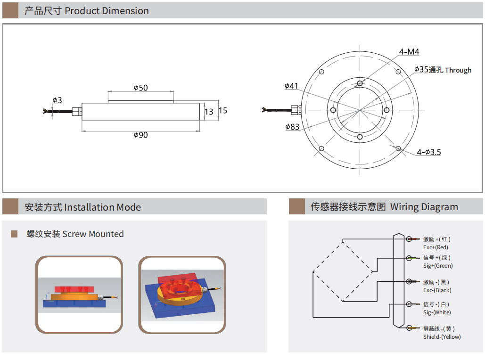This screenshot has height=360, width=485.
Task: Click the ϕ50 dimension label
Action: pos(141,88)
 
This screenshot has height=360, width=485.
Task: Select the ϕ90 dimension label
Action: pos(141,135)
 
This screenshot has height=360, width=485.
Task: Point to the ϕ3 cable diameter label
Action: pos(57,100)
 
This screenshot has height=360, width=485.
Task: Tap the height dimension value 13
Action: pos(209,112)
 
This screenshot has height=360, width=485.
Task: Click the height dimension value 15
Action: pos(223,110)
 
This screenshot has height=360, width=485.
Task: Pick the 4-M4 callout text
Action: pos(409,52)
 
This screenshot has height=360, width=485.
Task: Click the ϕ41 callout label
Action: pos(291,86)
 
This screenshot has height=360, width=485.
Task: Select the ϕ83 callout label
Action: pos(292,127)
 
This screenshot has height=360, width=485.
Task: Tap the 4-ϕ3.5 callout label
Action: pos(429,152)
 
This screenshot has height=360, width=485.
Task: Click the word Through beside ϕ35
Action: pos(459,71)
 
